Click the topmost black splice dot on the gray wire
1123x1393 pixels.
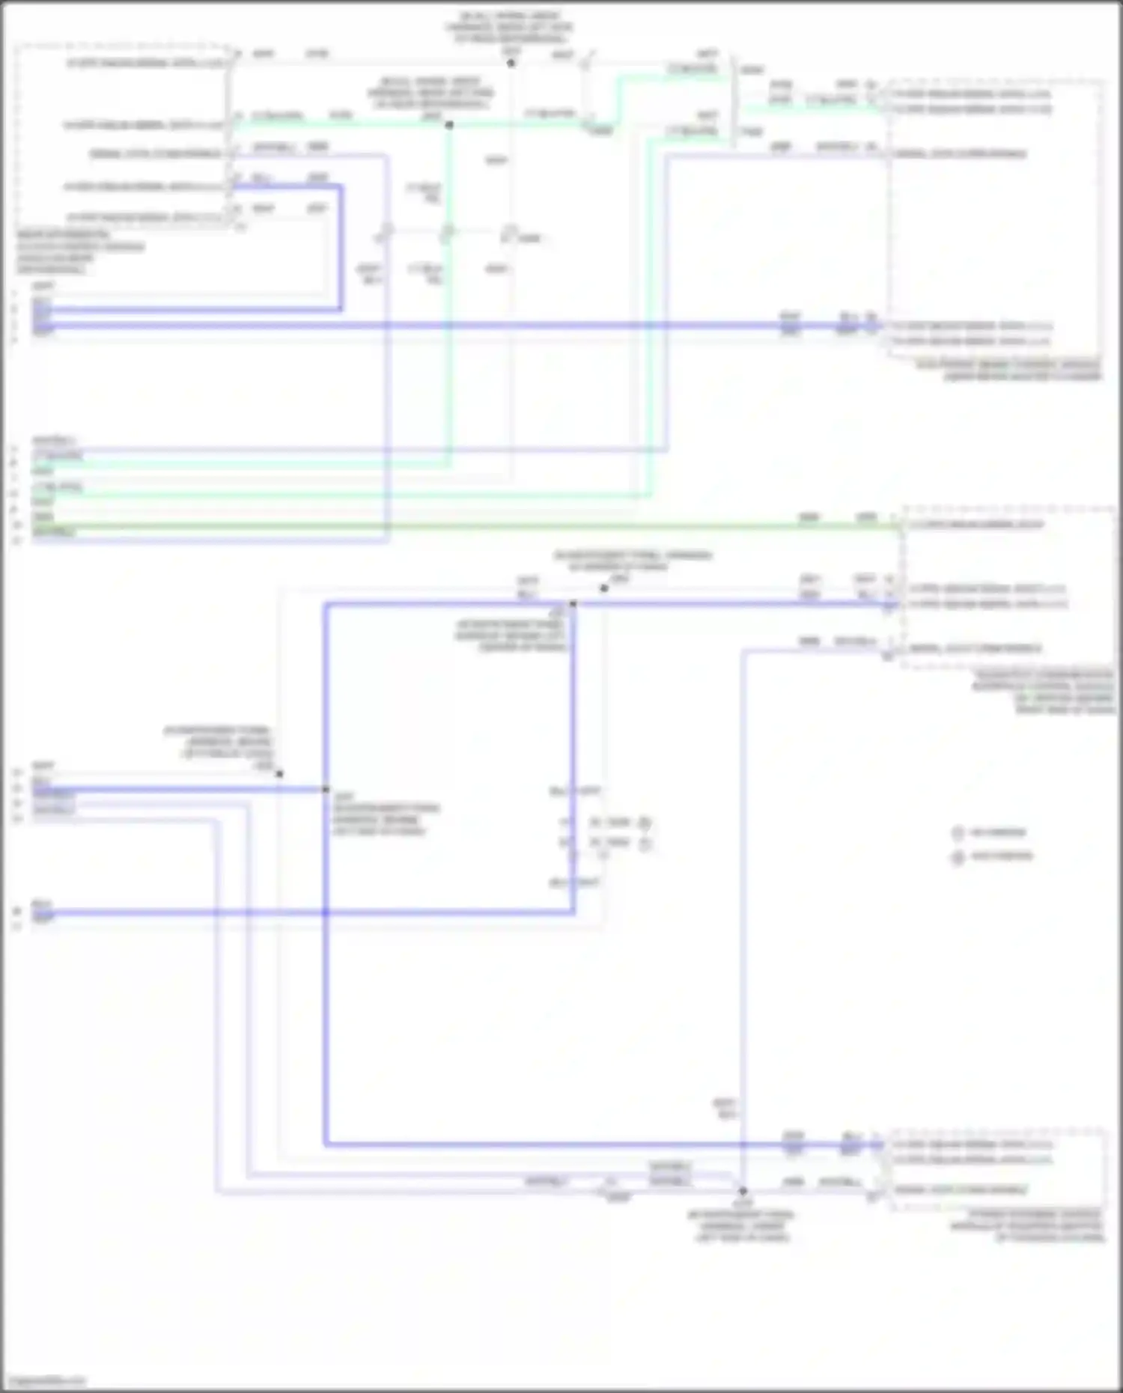tap(511, 64)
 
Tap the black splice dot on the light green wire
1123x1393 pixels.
tap(449, 125)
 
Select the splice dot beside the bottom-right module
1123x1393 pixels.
tap(743, 1190)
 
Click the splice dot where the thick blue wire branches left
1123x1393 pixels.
tap(326, 790)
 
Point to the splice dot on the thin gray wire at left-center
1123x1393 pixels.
tap(279, 774)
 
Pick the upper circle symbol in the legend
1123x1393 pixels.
tap(958, 833)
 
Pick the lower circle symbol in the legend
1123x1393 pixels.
tap(958, 857)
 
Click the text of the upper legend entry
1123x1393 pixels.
tap(998, 832)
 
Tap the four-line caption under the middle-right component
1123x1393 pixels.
tap(1044, 692)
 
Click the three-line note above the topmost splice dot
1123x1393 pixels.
tap(509, 27)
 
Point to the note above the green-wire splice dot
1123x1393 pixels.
tap(430, 93)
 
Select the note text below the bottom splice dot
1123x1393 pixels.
tap(741, 1226)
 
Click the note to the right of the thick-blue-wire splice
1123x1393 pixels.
tap(386, 814)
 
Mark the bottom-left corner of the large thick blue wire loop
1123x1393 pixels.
tap(326, 1144)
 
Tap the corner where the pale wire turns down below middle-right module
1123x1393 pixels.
tap(743, 651)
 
